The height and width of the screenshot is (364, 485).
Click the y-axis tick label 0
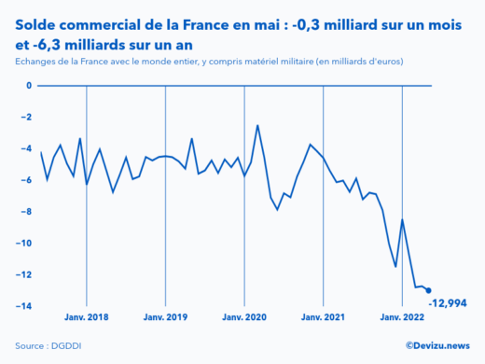pyautogui.click(x=29, y=86)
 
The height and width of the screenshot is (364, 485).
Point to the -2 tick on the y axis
pyautogui.click(x=27, y=118)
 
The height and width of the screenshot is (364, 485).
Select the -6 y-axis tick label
pyautogui.click(x=27, y=180)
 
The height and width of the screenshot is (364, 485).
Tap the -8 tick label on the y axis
pyautogui.click(x=27, y=212)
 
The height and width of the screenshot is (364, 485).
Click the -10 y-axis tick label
pyautogui.click(x=25, y=244)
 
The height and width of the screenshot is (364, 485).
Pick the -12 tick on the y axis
pyautogui.click(x=25, y=274)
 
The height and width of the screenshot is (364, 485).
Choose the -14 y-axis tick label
pyautogui.click(x=25, y=306)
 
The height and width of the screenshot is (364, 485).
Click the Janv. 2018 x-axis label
pyautogui.click(x=87, y=317)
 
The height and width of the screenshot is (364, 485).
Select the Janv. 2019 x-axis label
pyautogui.click(x=166, y=317)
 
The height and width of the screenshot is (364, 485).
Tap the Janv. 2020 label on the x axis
pyautogui.click(x=244, y=317)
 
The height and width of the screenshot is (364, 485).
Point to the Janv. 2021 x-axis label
pyautogui.click(x=324, y=317)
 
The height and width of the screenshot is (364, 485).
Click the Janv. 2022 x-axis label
pyautogui.click(x=402, y=317)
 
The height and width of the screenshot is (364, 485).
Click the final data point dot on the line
pyautogui.click(x=428, y=290)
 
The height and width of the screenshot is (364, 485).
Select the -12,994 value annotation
pyautogui.click(x=447, y=303)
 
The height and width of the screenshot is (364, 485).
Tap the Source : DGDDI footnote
pyautogui.click(x=46, y=346)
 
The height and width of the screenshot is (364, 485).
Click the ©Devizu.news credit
pyautogui.click(x=437, y=345)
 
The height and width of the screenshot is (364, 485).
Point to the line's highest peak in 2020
pyautogui.click(x=257, y=125)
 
